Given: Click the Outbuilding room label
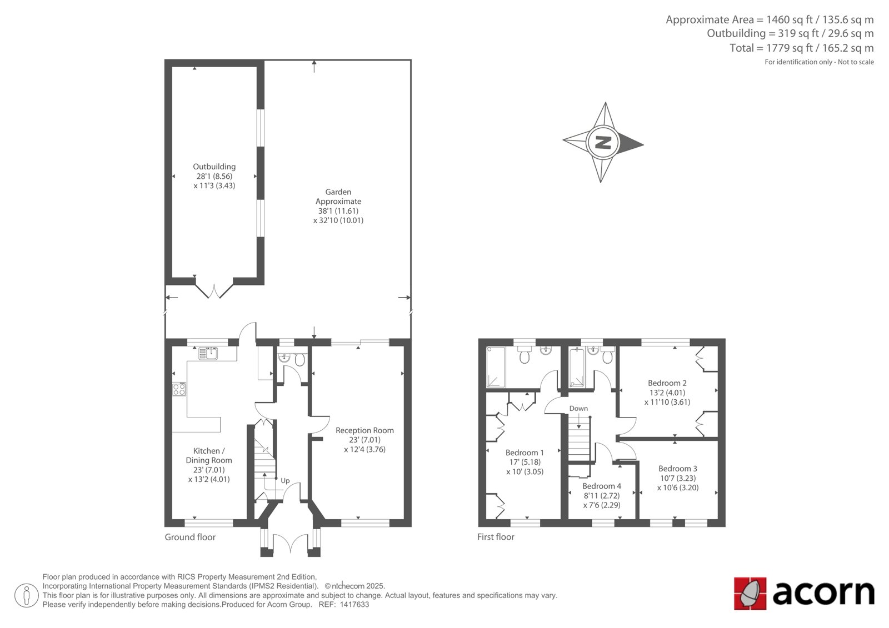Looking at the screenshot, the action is pyautogui.click(x=214, y=167).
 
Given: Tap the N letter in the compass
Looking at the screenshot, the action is pyautogui.click(x=603, y=142).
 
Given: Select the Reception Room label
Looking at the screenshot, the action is pyautogui.click(x=364, y=430).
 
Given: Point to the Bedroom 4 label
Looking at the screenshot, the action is pyautogui.click(x=602, y=486).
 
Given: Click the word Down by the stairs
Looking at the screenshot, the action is pyautogui.click(x=578, y=408).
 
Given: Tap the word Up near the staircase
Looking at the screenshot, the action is pyautogui.click(x=285, y=481).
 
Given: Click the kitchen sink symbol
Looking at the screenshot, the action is pyautogui.click(x=208, y=353).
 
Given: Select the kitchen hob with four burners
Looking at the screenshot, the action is pyautogui.click(x=179, y=389).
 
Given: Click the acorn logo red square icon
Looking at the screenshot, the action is pyautogui.click(x=750, y=594).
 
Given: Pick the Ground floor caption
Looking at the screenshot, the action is pyautogui.click(x=190, y=537).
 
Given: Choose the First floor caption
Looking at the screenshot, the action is pyautogui.click(x=496, y=537).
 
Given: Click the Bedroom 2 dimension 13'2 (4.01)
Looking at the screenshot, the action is pyautogui.click(x=667, y=393).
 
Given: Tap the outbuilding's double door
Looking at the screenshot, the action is pyautogui.click(x=214, y=292).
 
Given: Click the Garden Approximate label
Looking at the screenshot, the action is pyautogui.click(x=338, y=197).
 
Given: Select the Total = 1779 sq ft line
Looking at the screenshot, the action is pyautogui.click(x=801, y=48).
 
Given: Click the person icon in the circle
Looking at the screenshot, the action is pyautogui.click(x=27, y=595).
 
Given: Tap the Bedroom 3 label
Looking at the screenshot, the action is pyautogui.click(x=677, y=469).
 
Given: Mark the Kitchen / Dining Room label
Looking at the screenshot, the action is pyautogui.click(x=209, y=455).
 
